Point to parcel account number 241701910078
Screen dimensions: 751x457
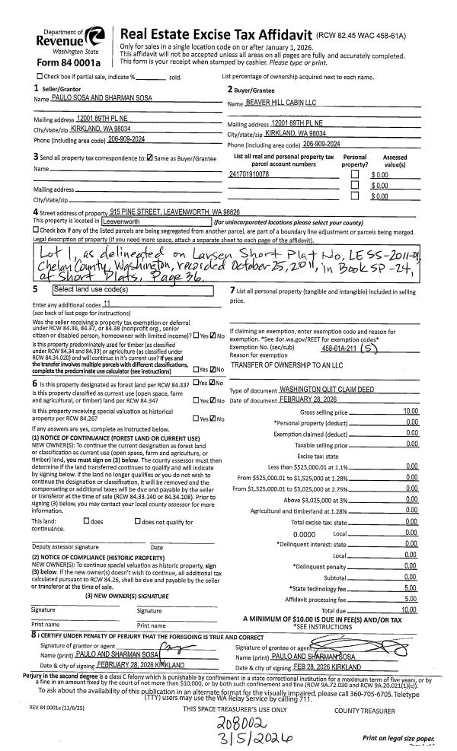tap(249, 174)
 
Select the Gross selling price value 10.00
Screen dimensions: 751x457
tap(410, 412)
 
